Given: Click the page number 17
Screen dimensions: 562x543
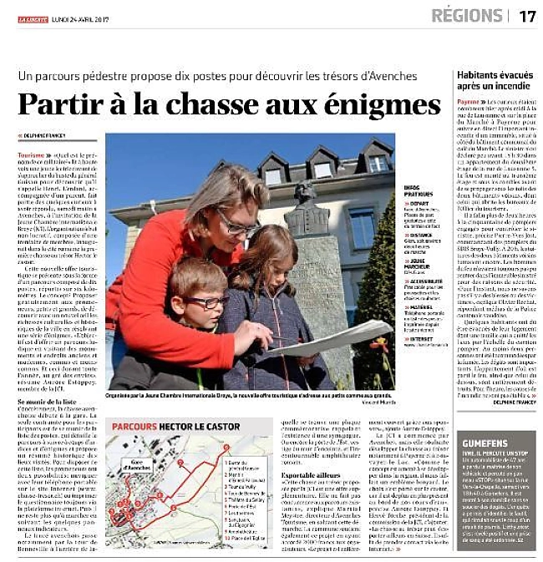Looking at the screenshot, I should pos(527,15).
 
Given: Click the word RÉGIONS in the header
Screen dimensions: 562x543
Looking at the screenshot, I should pos(467,15).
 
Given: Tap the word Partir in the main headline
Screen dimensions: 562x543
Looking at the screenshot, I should pos(59,105).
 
